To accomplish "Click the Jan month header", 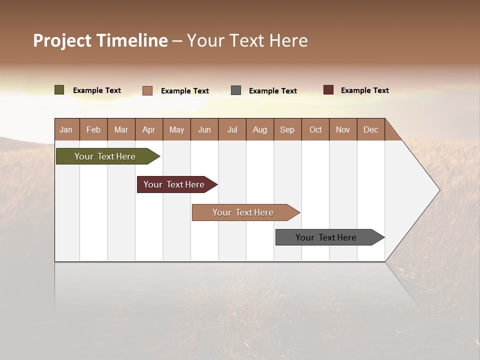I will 66,129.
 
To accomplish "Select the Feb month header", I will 93,129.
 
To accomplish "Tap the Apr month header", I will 148,129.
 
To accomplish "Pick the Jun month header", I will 204,129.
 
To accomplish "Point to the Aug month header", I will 260,129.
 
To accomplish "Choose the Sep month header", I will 287,129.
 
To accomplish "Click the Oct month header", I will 315,129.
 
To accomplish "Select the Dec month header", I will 370,129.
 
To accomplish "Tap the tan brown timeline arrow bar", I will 244,212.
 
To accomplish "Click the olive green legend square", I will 59,90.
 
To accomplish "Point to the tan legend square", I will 147,90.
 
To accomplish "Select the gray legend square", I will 236,90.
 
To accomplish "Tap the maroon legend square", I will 328,90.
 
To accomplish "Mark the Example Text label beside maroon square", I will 364,90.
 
